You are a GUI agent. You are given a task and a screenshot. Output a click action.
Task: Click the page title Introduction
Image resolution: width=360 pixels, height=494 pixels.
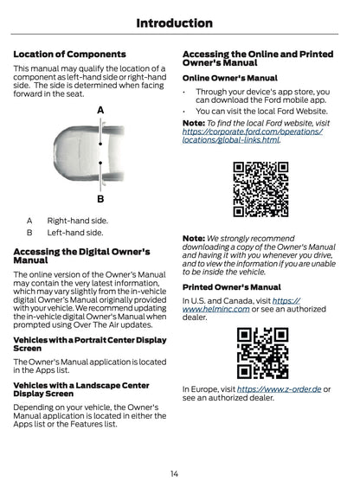point(174,23)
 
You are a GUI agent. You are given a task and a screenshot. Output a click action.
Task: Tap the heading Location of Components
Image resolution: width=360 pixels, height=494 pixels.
point(70,55)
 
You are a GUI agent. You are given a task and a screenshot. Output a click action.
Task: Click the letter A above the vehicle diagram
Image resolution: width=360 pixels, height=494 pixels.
point(100,110)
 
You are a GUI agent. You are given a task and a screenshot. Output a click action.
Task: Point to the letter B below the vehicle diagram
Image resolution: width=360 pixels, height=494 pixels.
point(100,199)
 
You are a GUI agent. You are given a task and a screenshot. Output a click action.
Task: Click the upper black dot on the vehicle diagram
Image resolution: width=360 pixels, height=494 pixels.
point(100,144)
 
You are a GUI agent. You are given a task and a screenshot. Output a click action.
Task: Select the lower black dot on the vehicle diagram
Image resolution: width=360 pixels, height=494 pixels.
point(100,163)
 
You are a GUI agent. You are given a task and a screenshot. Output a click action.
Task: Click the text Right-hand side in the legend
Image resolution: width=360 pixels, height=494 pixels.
point(78,221)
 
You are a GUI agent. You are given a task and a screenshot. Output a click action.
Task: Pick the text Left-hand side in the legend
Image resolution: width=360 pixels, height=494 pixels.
point(75,233)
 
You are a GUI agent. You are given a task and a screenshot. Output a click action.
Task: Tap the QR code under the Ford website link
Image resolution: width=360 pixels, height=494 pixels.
point(260,189)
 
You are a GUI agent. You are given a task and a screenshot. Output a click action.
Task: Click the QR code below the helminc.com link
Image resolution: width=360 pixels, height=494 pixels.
point(262,353)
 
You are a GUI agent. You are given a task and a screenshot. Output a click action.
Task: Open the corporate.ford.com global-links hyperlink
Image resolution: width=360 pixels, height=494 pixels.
point(252,136)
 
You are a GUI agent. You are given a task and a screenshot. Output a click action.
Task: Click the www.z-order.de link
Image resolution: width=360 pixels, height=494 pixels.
point(279,389)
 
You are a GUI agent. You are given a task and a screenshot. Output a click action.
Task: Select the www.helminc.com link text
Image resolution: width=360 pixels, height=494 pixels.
point(241,305)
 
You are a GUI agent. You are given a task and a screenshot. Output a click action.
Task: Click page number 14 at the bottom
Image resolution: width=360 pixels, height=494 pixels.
point(174,473)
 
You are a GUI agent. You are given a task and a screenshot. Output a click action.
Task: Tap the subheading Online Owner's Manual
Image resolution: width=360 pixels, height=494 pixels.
point(230,78)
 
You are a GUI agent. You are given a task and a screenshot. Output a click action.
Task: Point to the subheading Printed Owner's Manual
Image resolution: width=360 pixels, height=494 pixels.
point(231,287)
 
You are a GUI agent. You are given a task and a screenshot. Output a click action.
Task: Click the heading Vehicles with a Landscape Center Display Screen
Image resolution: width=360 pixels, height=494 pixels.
point(81,389)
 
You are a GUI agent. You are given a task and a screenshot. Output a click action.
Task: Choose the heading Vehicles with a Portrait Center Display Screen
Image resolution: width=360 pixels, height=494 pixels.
point(90,344)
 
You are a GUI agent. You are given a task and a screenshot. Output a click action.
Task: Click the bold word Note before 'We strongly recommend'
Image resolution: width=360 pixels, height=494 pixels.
point(194,239)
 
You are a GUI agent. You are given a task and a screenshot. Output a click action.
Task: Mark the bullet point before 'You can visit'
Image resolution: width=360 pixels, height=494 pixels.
point(184,112)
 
